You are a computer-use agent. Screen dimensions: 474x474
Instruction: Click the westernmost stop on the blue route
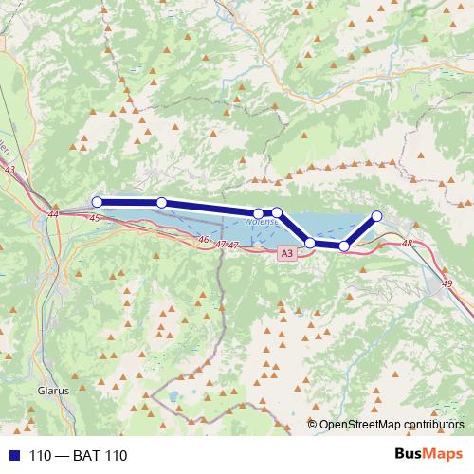point(97,201)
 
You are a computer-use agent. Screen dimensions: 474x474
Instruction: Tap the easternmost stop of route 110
point(376,216)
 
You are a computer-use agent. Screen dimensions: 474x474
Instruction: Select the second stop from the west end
point(162,202)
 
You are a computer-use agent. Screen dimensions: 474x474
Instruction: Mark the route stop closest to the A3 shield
point(310,244)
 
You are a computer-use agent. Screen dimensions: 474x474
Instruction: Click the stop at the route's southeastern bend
point(344,246)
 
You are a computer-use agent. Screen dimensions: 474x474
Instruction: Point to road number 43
point(10,169)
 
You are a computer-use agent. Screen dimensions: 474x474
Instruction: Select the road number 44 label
point(52,215)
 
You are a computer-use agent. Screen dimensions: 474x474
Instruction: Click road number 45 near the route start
point(94,218)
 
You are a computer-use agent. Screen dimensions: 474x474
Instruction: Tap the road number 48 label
point(408,245)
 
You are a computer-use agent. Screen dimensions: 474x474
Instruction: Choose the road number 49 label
point(435,283)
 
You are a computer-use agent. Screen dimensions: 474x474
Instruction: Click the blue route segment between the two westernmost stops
point(129,202)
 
